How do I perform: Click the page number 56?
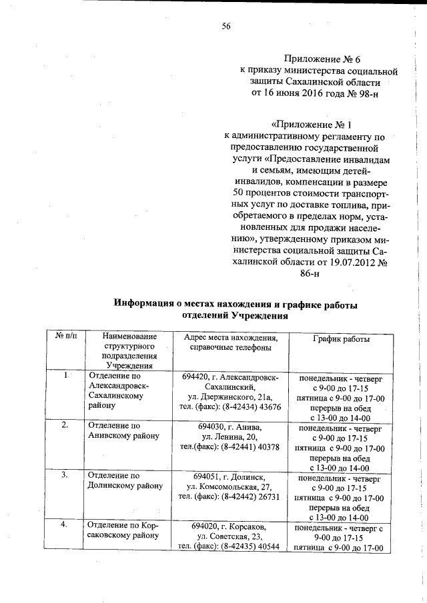coord(226,26)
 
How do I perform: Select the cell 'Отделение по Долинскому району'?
coord(125,480)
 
